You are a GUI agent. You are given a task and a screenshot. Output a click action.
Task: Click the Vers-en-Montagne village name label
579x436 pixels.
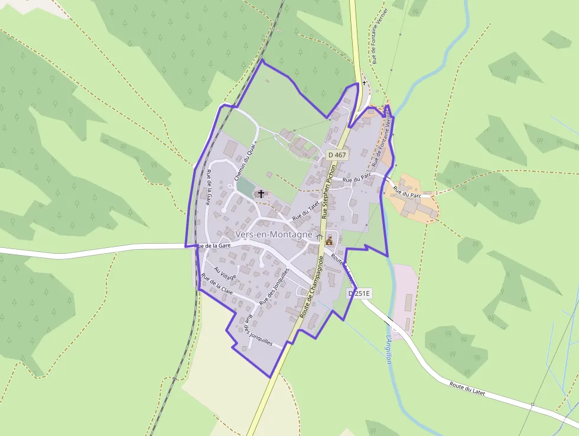(274, 235)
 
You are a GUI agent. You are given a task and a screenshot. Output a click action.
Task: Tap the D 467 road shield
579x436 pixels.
(337, 154)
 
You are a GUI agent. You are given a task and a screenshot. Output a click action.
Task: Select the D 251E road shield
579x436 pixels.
(359, 293)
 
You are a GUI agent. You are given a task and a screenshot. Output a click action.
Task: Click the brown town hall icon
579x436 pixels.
(329, 240)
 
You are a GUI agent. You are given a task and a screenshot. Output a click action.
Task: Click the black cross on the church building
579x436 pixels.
(261, 193)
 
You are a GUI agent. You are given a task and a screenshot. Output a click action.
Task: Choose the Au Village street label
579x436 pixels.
(225, 273)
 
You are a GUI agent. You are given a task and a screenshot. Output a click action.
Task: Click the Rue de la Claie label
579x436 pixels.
(217, 285)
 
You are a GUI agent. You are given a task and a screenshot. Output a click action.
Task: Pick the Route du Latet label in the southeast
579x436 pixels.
(467, 387)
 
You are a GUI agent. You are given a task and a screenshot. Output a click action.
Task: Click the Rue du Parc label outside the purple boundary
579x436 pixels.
(406, 193)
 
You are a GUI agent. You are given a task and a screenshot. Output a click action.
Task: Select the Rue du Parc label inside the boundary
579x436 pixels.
(356, 179)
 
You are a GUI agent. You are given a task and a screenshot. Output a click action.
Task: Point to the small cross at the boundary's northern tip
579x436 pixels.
(365, 83)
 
